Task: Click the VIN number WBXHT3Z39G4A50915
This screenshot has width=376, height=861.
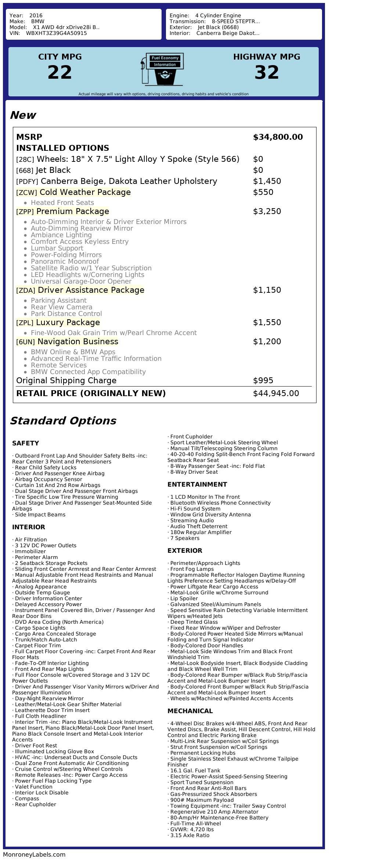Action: point(56,33)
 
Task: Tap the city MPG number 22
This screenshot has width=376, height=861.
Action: point(60,72)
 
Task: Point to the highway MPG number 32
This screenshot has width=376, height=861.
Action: point(267,72)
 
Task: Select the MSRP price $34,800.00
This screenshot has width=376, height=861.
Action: point(278,137)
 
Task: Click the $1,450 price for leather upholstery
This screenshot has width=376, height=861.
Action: point(267,181)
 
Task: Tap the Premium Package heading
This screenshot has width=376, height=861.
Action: point(73,211)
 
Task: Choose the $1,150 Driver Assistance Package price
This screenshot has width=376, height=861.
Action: point(267,290)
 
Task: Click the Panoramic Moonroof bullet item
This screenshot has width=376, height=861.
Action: point(65,261)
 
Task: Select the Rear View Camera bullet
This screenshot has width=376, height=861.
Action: point(61,307)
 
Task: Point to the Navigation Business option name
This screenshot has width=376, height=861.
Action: point(78,342)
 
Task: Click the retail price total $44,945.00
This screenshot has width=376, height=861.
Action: point(276,394)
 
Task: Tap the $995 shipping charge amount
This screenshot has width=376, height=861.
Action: point(263,381)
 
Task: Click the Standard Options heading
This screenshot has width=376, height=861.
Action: point(63,421)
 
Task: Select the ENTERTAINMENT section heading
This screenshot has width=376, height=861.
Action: point(197,484)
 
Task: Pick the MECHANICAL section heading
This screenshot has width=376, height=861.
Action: point(190,711)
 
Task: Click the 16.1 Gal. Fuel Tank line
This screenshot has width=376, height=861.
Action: point(195,771)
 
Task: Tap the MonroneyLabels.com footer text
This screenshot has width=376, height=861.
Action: point(34,854)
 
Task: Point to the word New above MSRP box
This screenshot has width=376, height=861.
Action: point(23,115)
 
